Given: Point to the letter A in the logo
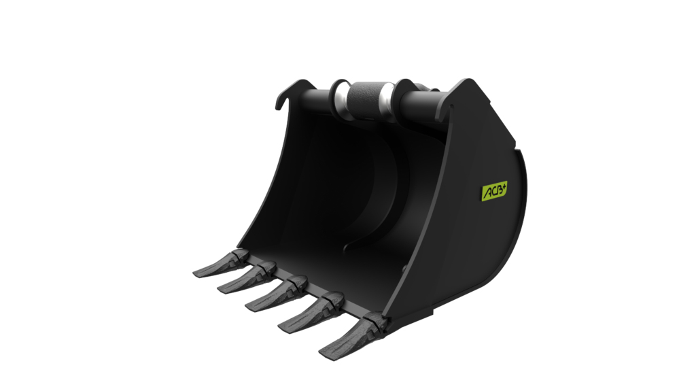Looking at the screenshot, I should click(486, 194).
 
